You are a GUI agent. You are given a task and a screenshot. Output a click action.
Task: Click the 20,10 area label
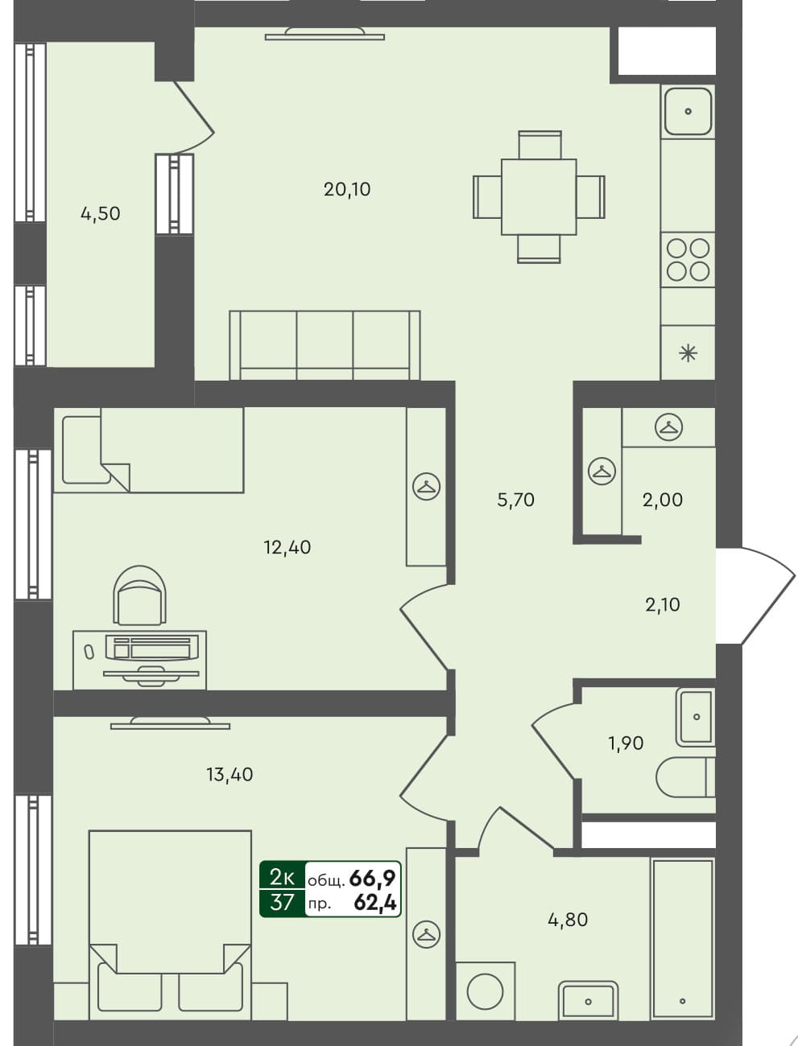point(346,189)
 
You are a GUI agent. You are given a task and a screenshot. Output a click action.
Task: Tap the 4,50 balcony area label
point(100,213)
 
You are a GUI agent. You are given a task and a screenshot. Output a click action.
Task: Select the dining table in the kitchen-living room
point(538,197)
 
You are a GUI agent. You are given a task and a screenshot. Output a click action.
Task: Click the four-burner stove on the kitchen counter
point(688,260)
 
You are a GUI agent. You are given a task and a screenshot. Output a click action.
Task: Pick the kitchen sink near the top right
point(687,111)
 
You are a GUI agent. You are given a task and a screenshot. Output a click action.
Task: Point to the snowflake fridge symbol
point(688,352)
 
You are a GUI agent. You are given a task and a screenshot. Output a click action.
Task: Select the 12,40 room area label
point(287,547)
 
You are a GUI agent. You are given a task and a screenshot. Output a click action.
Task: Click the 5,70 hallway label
point(515,500)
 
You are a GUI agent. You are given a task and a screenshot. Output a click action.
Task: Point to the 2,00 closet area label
point(662,500)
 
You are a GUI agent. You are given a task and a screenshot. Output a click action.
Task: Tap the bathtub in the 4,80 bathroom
point(682,938)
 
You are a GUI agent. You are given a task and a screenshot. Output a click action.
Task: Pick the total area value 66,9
point(372,878)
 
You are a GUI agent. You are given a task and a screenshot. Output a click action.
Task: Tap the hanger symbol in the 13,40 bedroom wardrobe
point(426,934)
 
